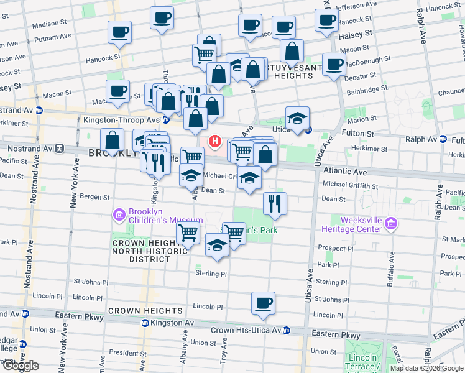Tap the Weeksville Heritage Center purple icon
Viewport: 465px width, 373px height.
pyautogui.click(x=391, y=224)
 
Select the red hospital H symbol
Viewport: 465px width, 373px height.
pyautogui.click(x=215, y=142)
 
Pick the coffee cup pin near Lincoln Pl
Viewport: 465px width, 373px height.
pyautogui.click(x=263, y=303)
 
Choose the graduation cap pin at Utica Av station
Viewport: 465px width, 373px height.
pyautogui.click(x=298, y=117)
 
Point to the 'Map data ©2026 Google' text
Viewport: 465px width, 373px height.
pyautogui.click(x=426, y=368)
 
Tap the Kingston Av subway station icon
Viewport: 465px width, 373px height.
pyautogui.click(x=145, y=323)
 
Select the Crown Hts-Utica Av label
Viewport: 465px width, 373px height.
pyautogui.click(x=246, y=330)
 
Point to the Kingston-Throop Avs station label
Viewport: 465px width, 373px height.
pyautogui.click(x=122, y=119)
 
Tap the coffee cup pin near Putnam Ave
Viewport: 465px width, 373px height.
pyautogui.click(x=119, y=32)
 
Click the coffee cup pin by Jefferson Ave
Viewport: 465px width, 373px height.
pyautogui.click(x=326, y=19)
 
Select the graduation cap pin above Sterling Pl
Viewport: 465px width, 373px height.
pyautogui.click(x=216, y=246)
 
